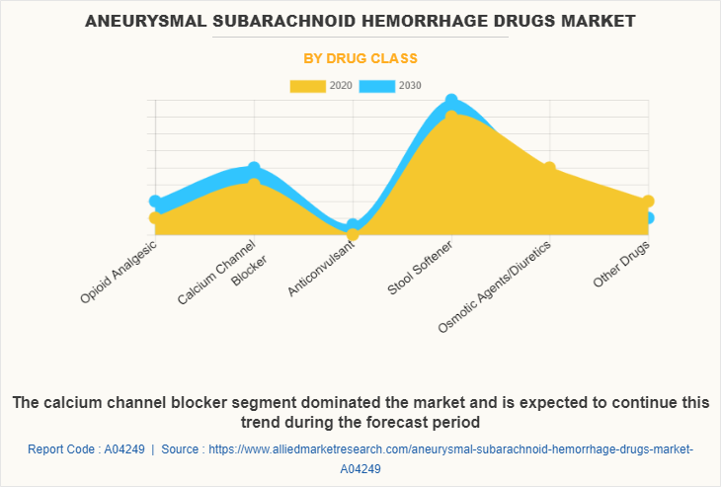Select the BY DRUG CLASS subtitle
click(360, 58)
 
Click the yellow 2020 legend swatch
click(307, 86)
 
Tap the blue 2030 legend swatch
click(376, 86)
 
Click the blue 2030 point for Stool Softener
click(451, 101)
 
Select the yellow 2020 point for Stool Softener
click(451, 117)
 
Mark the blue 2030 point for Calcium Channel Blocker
click(254, 169)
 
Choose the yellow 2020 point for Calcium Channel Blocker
click(254, 185)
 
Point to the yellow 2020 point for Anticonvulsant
click(353, 234)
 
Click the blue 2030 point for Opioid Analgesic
click(155, 202)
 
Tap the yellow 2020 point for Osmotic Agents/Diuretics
click(549, 168)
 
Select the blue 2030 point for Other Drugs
click(648, 218)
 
